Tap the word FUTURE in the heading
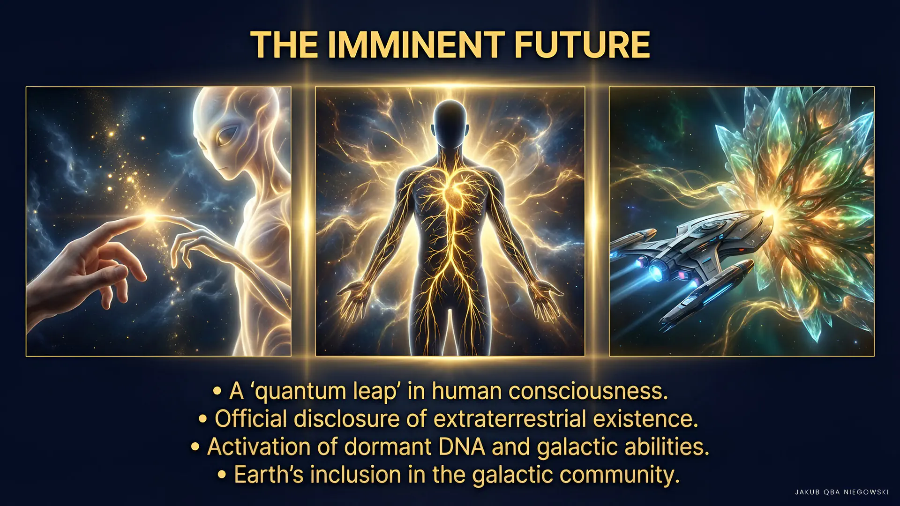click(x=582, y=45)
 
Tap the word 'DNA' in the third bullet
click(x=462, y=447)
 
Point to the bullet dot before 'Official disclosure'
click(x=202, y=419)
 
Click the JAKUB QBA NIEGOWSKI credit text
click(x=842, y=492)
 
